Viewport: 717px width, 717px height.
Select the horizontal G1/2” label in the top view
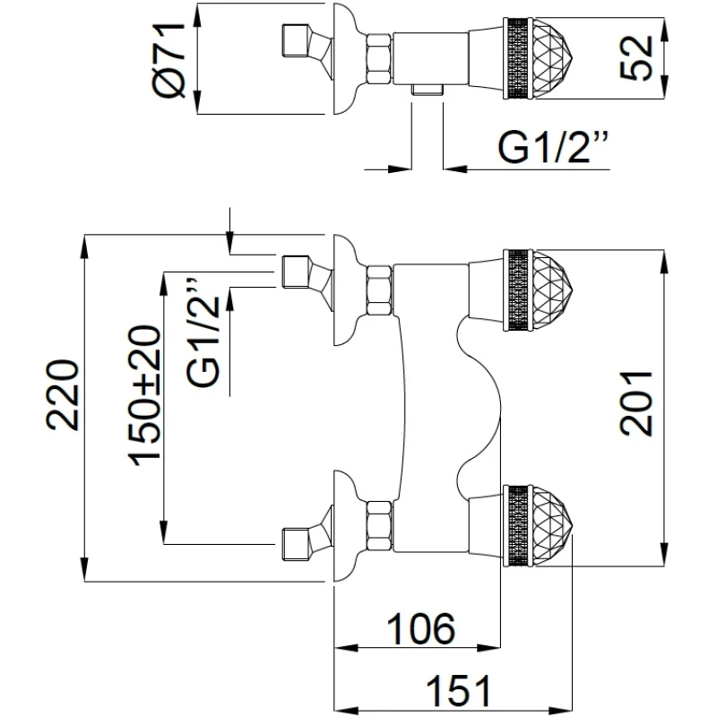pyautogui.click(x=552, y=148)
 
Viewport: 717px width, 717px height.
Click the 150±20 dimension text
pyautogui.click(x=146, y=394)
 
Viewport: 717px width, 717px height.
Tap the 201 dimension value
pyautogui.click(x=637, y=403)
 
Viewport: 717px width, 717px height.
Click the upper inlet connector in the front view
pyautogui.click(x=297, y=271)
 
